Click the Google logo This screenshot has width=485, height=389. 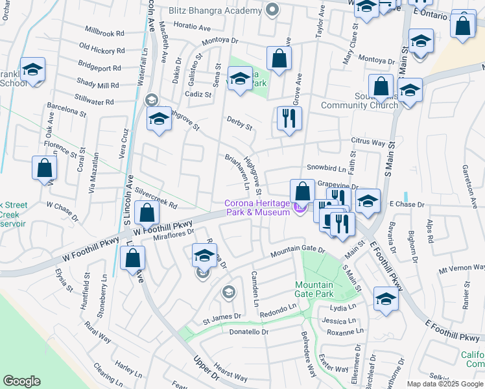22,381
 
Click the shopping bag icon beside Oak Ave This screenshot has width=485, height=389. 44,169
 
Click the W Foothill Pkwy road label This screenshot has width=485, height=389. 164,226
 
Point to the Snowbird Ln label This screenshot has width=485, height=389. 323,167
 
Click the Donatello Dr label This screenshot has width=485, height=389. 248,332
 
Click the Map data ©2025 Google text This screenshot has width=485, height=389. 444,384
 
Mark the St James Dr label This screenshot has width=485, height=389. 222,318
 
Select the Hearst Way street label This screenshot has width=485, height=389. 230,372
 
